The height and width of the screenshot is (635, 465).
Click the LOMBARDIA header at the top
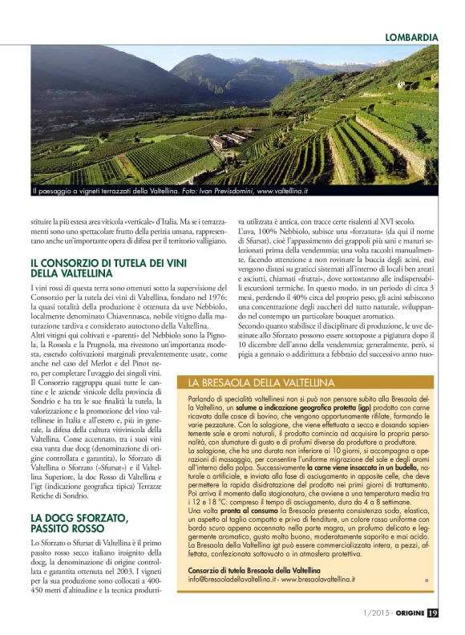point(411,37)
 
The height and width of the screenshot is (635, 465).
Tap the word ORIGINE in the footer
point(406,613)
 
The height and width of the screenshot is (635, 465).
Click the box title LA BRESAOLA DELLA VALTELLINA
point(261,382)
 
